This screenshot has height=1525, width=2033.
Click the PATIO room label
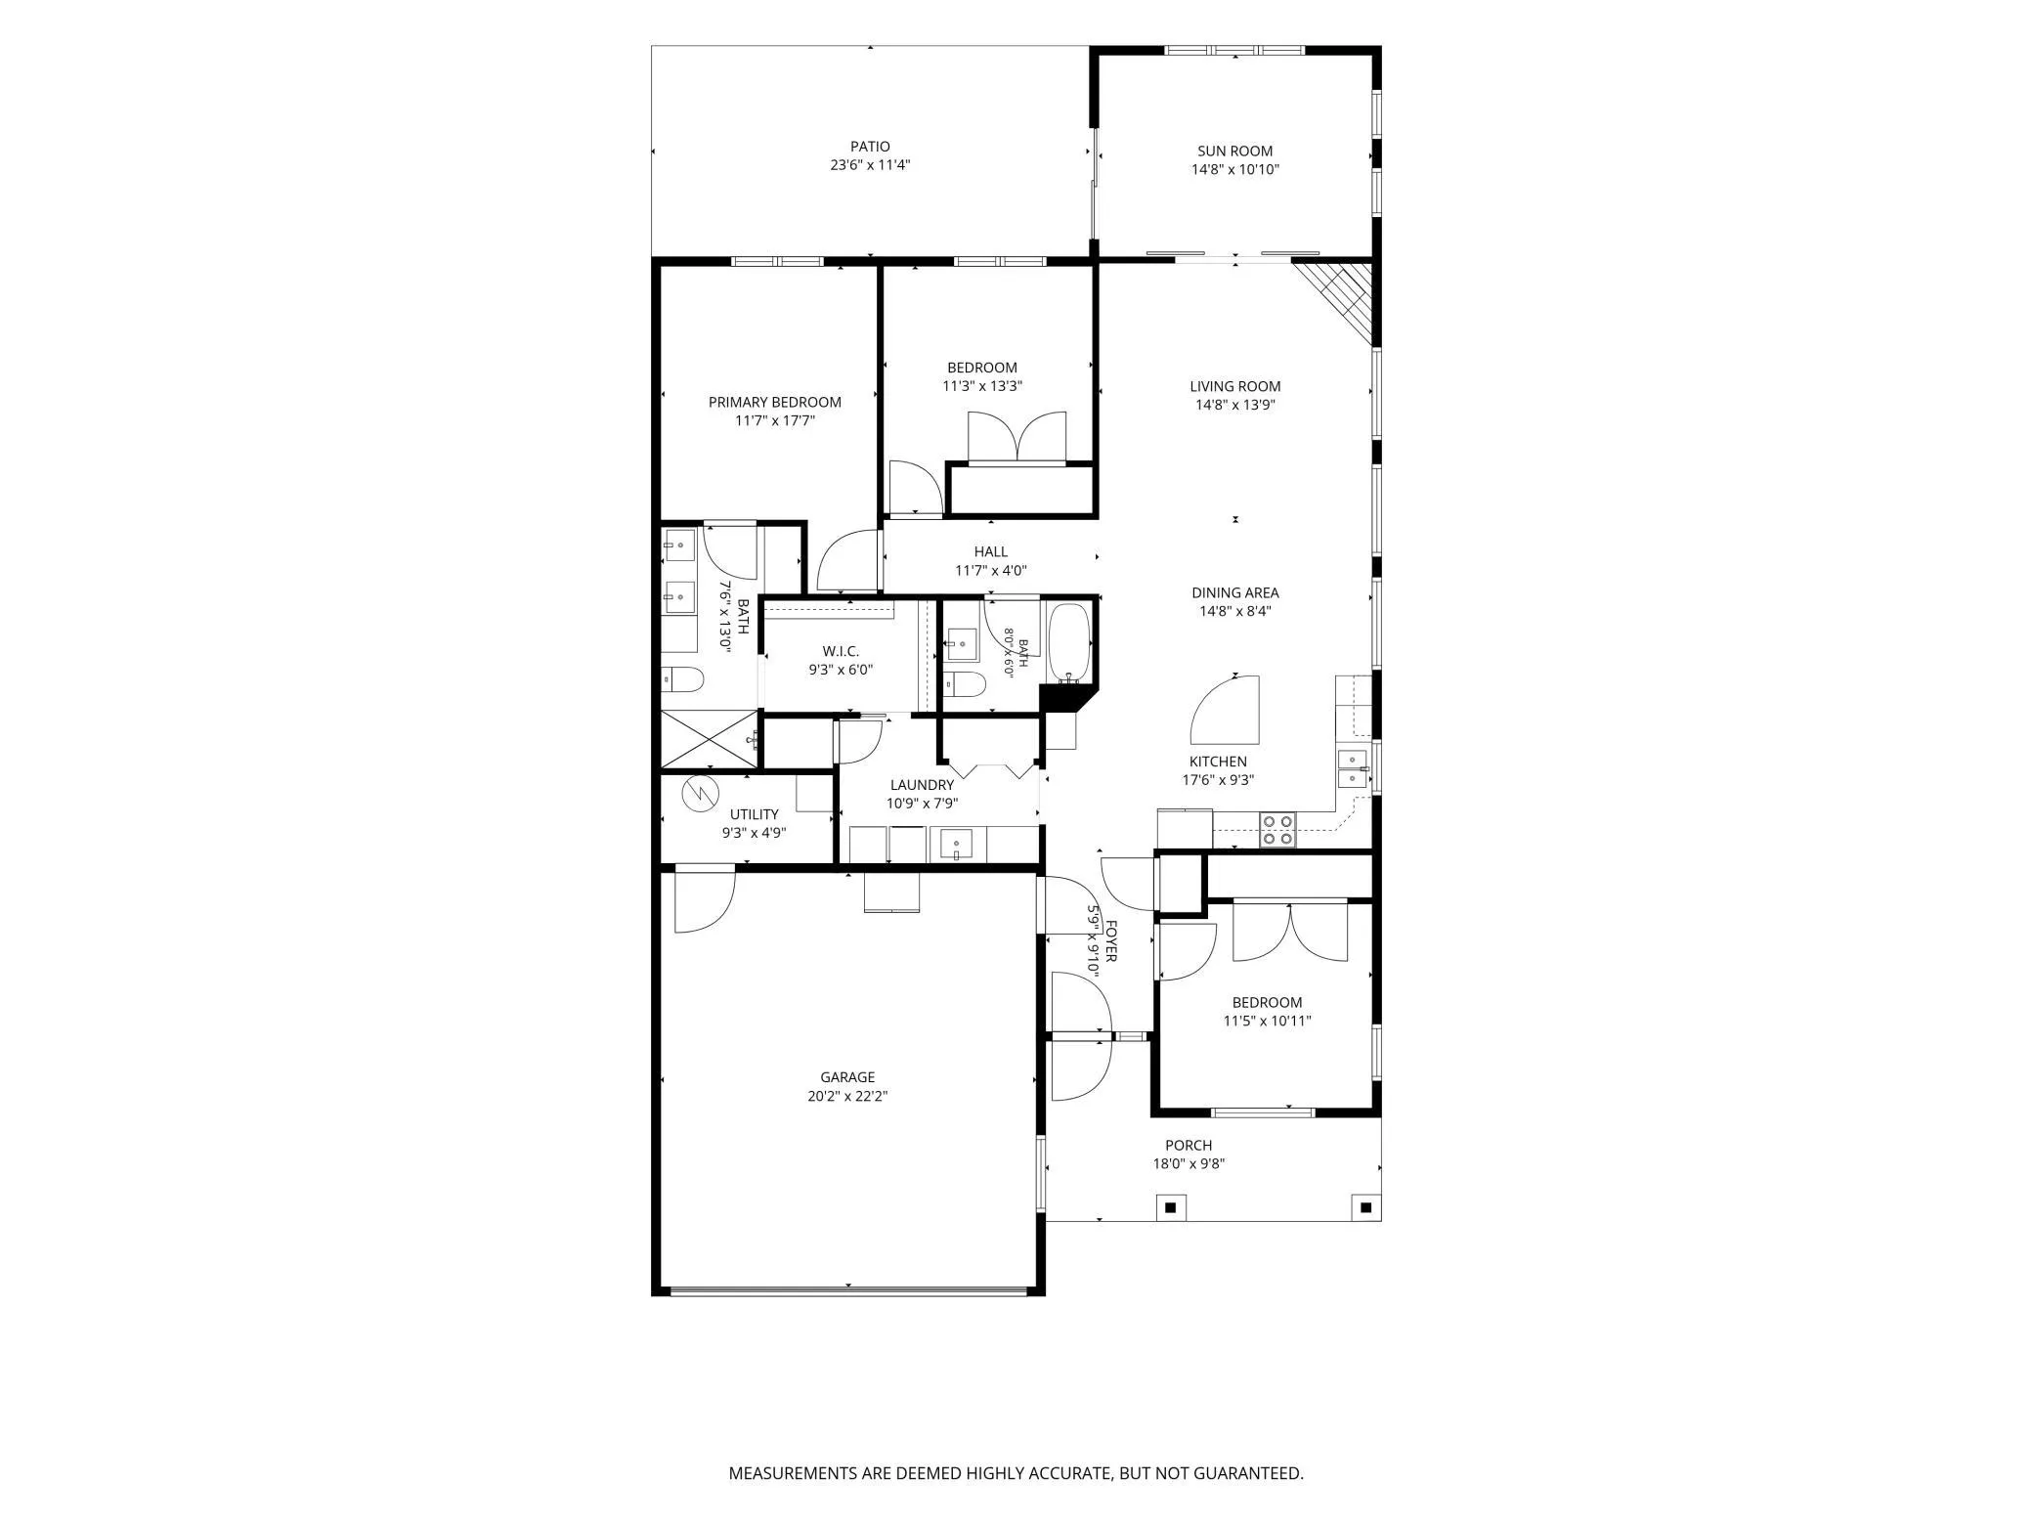click(870, 147)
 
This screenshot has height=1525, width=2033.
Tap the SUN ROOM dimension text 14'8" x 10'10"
click(1235, 169)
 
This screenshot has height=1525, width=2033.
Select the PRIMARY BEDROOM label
click(774, 402)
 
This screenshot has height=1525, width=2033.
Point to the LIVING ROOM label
click(1235, 386)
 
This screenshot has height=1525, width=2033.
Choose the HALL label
click(990, 551)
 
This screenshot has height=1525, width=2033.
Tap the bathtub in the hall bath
click(1068, 643)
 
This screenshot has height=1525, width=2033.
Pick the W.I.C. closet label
click(841, 651)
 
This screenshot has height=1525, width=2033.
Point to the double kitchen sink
click(1353, 769)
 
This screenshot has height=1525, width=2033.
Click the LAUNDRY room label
click(922, 785)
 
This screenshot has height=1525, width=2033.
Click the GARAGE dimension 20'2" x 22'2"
click(847, 1096)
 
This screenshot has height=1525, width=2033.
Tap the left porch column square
click(1170, 1207)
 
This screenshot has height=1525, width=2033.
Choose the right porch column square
click(1365, 1207)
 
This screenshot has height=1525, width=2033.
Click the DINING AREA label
click(1235, 592)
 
